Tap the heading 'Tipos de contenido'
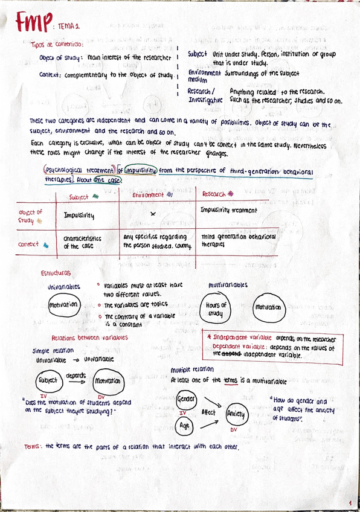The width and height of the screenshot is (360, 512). tap(57, 43)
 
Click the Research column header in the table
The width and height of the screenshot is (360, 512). tap(217, 194)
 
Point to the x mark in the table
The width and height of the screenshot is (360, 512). tap(153, 214)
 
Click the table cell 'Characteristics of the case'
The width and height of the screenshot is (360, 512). tap(82, 242)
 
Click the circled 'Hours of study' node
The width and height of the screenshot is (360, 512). tap(216, 309)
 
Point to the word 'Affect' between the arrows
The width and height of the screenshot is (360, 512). tap(208, 412)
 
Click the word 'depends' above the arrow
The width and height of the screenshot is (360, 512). tap(76, 374)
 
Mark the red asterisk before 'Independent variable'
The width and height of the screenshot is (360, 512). tap(208, 338)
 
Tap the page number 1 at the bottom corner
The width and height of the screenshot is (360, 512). tap(350, 502)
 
